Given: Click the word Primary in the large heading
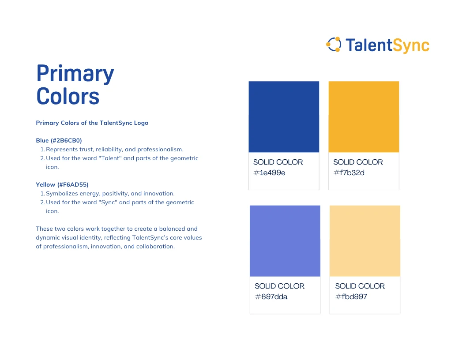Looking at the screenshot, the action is (75, 74).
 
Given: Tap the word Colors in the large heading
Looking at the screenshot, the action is (68, 96).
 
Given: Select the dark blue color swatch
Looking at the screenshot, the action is (284, 117).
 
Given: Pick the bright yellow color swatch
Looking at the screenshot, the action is (364, 117).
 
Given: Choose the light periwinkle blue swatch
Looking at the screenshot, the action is (285, 241).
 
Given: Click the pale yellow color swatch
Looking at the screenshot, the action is (365, 241).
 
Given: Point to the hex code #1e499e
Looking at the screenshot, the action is (269, 172).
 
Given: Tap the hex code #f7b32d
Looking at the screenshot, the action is (349, 172).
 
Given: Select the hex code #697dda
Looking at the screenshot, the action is (271, 296).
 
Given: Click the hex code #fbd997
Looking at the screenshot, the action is (351, 296).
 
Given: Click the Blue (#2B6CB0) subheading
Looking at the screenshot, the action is (59, 140).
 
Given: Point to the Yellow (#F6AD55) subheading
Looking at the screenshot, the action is (62, 184).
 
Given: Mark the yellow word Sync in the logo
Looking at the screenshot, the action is (411, 46).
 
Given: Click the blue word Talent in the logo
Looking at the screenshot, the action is (369, 45).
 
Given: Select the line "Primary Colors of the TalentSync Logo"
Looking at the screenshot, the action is (92, 123).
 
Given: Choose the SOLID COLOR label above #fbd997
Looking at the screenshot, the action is (360, 286).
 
